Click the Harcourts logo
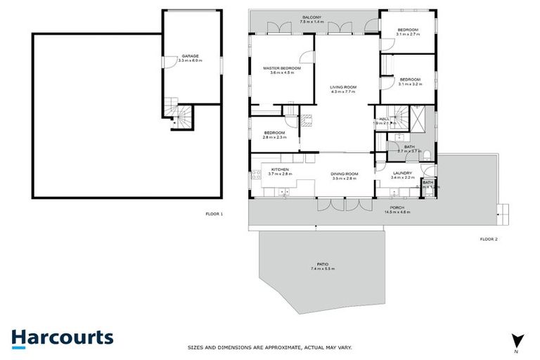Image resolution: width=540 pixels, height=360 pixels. click(62, 337)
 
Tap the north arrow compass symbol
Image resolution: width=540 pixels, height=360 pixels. click(517, 340)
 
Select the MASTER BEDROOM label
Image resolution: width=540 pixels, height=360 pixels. click(282, 69)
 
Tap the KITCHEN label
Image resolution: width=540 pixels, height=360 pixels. click(280, 169)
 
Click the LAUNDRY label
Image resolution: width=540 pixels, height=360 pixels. click(402, 174)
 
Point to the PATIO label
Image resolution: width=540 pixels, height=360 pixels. click(323, 265)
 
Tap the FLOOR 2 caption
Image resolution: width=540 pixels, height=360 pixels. click(488, 240)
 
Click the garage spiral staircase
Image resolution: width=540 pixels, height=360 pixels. click(176, 115)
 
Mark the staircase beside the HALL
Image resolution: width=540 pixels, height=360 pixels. click(401, 114)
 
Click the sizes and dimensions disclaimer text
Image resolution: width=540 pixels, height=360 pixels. click(269, 347)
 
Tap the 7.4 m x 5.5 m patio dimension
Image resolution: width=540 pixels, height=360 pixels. click(323, 269)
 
